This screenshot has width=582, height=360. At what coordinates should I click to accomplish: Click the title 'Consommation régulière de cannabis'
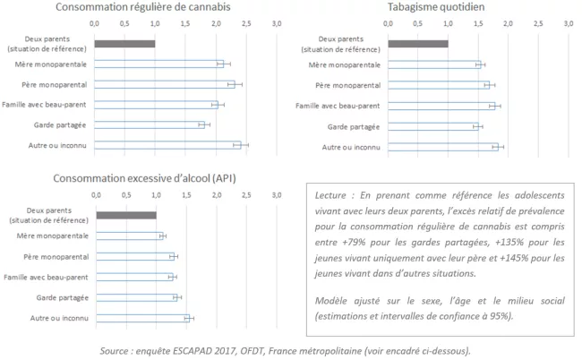(155, 7)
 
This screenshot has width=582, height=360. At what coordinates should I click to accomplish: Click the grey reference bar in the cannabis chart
(124, 44)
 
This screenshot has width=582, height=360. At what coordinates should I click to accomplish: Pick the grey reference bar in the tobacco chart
(418, 44)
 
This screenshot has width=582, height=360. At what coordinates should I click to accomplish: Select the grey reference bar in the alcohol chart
(125, 215)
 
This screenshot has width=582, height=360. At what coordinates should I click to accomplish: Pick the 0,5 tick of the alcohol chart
(125, 193)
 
